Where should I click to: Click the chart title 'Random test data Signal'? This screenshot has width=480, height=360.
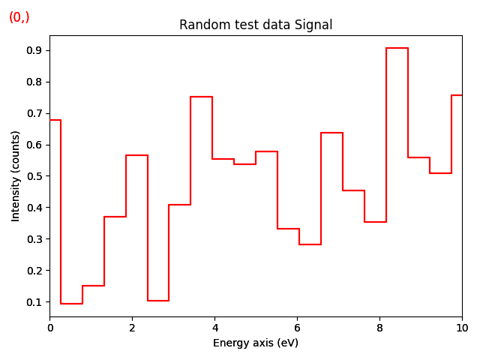click(256, 25)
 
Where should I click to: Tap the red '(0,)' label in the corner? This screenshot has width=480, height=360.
click(19, 17)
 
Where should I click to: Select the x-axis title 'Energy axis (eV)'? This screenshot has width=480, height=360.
click(256, 343)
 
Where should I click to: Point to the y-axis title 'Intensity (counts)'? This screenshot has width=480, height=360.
click(16, 175)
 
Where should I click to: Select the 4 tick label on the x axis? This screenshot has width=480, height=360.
click(214, 328)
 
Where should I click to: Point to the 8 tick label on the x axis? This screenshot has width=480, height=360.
click(379, 328)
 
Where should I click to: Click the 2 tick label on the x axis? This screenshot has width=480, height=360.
click(132, 328)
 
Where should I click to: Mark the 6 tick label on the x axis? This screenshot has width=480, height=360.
click(297, 328)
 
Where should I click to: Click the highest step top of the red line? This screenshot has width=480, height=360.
click(397, 48)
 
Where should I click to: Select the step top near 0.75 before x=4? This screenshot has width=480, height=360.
click(201, 97)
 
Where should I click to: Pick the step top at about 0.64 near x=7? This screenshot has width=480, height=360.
click(331, 133)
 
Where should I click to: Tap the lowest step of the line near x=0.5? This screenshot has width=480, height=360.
click(71, 304)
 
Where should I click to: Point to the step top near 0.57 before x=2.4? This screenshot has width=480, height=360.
click(136, 155)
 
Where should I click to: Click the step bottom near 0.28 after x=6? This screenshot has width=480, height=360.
click(310, 244)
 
